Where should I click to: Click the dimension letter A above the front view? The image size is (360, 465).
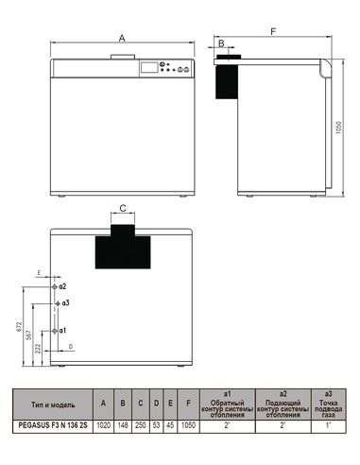[123, 39]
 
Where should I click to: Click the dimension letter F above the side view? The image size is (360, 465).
[273, 31]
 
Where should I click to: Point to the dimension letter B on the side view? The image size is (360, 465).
[222, 43]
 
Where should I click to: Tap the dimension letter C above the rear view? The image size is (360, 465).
[124, 206]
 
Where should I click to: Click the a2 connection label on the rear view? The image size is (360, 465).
[62, 284]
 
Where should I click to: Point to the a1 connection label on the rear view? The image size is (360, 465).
[62, 331]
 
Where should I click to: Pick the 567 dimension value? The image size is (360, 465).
[30, 336]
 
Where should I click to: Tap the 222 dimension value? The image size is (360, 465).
[38, 350]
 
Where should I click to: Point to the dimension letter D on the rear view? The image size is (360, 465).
[70, 348]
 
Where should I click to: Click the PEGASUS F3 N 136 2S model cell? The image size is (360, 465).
[50, 426]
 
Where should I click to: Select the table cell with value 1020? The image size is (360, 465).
[103, 426]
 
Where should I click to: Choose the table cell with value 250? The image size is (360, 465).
[139, 426]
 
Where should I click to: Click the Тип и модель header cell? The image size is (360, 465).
[50, 404]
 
